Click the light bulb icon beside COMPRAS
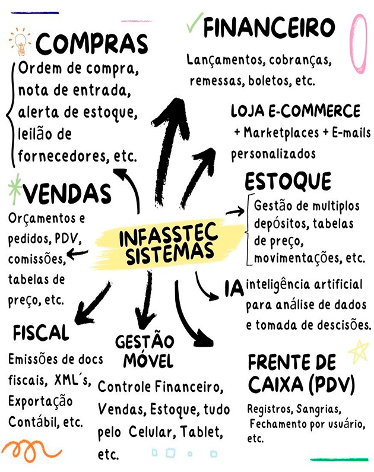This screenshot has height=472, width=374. click(20, 42)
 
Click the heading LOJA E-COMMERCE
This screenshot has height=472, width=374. click(295, 111)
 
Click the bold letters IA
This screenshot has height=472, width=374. click(234, 289)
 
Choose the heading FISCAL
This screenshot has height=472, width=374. click(41, 333)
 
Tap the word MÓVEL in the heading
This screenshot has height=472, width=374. click(145, 360)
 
